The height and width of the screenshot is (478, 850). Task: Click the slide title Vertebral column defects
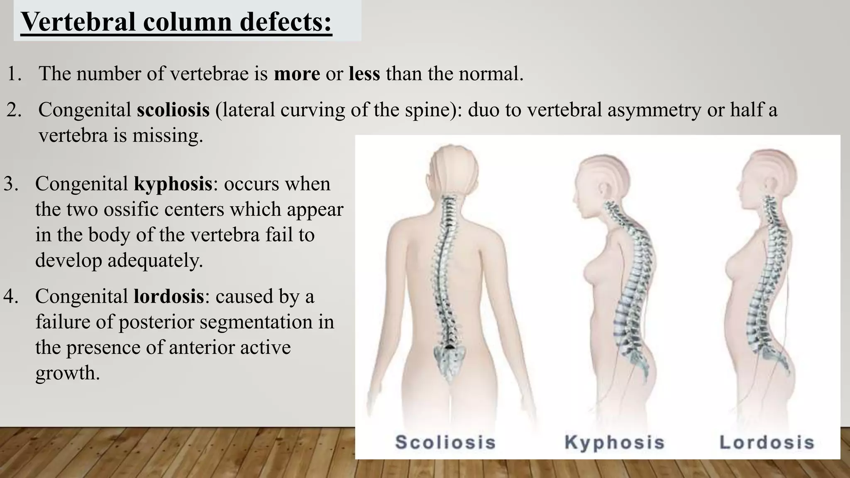[x=176, y=22]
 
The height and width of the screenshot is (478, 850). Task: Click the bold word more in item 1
[x=297, y=74]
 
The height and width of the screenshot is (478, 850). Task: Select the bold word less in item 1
[x=364, y=74]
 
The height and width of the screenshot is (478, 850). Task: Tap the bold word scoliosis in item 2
[x=173, y=110]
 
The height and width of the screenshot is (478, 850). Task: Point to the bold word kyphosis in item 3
[x=173, y=184]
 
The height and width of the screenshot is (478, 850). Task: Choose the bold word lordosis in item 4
[x=169, y=296]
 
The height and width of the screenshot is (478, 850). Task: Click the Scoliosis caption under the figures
[x=445, y=442]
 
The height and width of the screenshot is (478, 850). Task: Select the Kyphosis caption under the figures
[x=614, y=442]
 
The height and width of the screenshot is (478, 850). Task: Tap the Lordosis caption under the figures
[x=767, y=442]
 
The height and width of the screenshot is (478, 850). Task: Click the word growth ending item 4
[x=67, y=373]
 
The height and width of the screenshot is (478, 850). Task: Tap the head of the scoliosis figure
[x=453, y=166]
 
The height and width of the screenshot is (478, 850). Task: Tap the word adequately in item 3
[x=155, y=261]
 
